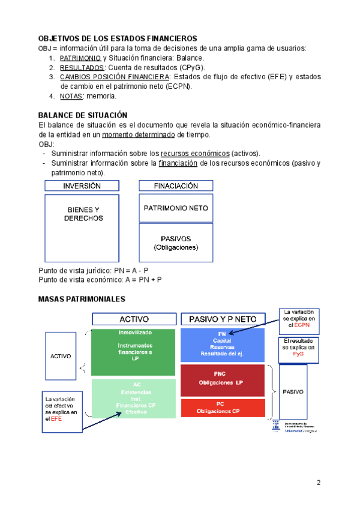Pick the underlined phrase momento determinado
pyautogui.click(x=140, y=134)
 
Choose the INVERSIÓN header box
pyautogui.click(x=82, y=186)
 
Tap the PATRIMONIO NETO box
pyautogui.click(x=176, y=208)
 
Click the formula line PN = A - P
pyautogui.click(x=93, y=271)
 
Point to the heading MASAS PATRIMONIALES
pyautogui.click(x=82, y=298)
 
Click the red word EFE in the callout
pyautogui.click(x=56, y=420)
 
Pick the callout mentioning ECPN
pyautogui.click(x=298, y=319)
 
